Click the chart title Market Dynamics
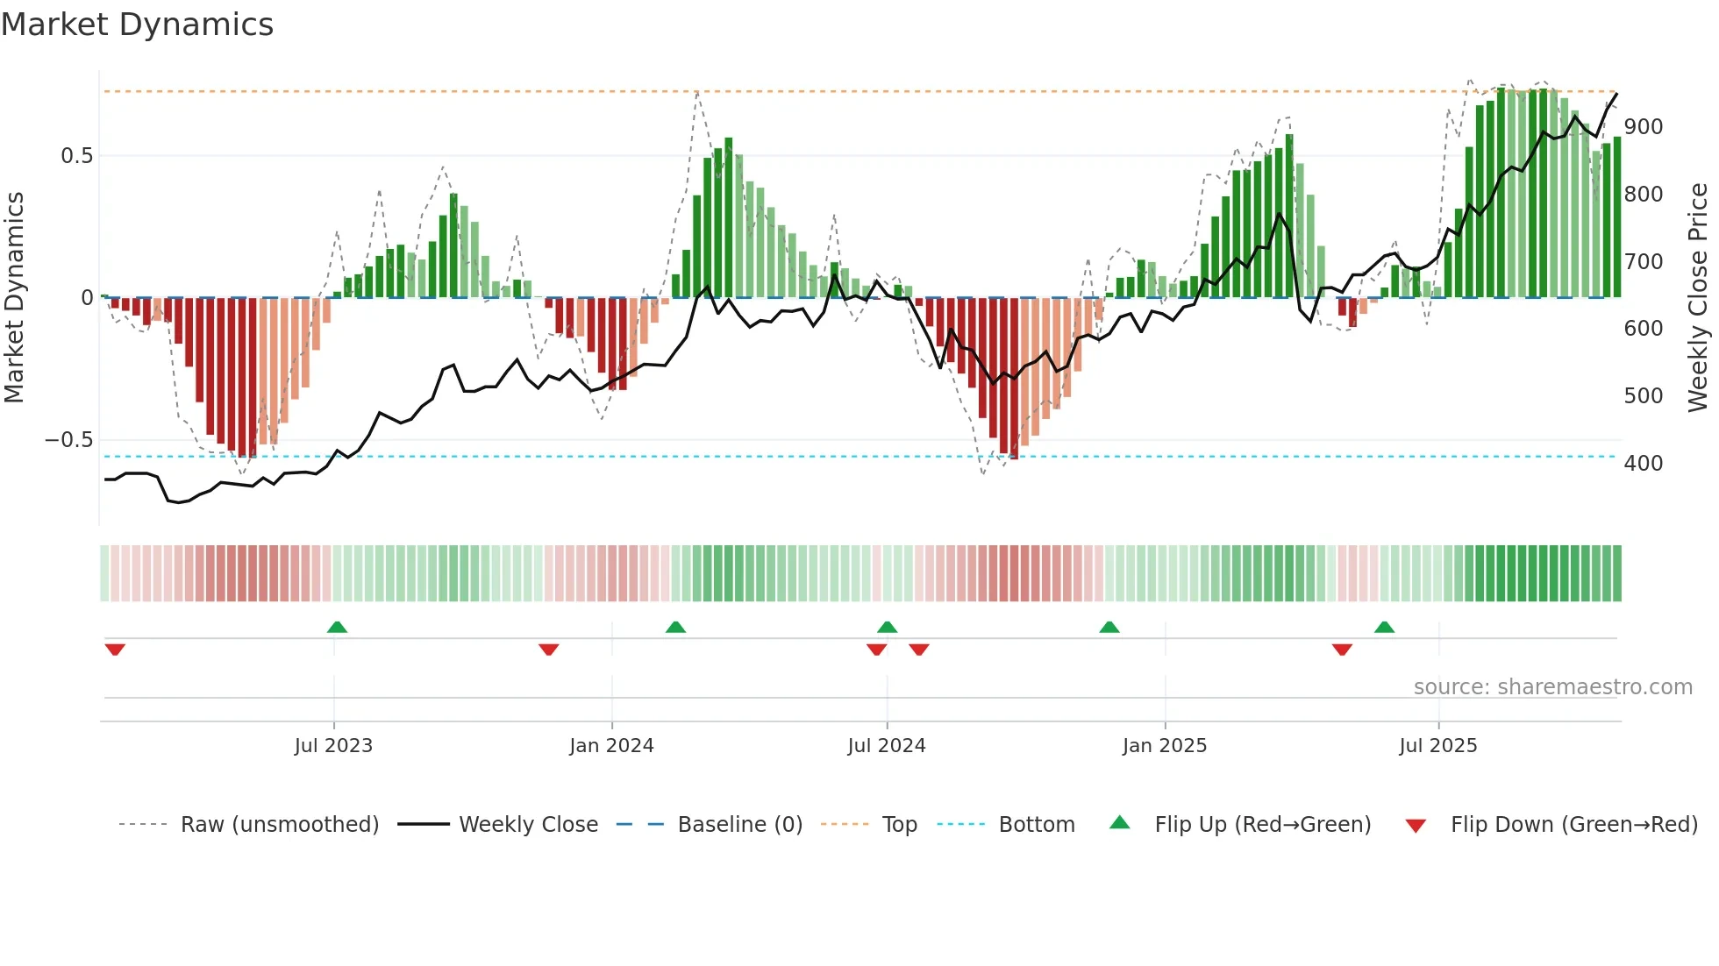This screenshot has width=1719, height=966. pyautogui.click(x=138, y=25)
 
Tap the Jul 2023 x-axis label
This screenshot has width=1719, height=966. pyautogui.click(x=333, y=746)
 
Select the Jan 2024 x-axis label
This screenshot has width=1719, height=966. pyautogui.click(x=611, y=746)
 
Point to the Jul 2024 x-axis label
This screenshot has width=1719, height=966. pyautogui.click(x=887, y=746)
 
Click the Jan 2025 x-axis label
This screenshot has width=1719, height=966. pyautogui.click(x=1165, y=746)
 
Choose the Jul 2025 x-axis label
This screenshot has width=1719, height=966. pyautogui.click(x=1438, y=746)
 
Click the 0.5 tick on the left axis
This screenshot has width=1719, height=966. pyautogui.click(x=76, y=156)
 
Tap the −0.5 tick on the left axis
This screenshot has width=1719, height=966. pyautogui.click(x=69, y=440)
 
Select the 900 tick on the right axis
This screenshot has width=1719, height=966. pyautogui.click(x=1643, y=127)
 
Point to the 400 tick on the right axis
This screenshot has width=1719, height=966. pyautogui.click(x=1643, y=464)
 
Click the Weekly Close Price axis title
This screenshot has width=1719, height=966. pyautogui.click(x=1698, y=298)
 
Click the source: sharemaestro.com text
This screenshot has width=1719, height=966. pyautogui.click(x=1552, y=687)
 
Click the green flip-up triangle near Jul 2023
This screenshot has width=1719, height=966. pyautogui.click(x=337, y=627)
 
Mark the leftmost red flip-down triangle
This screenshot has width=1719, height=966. pyautogui.click(x=115, y=650)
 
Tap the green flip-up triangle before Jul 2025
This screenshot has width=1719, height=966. pyautogui.click(x=1384, y=627)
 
